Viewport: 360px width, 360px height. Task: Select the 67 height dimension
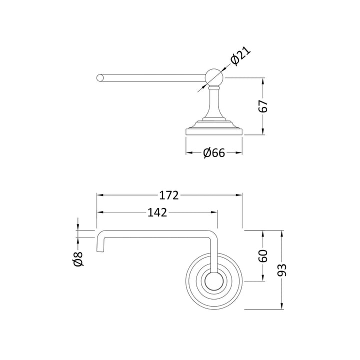263,106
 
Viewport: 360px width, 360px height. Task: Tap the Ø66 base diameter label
214,152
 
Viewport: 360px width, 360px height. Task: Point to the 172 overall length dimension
169,195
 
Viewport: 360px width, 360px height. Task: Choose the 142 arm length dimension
157,212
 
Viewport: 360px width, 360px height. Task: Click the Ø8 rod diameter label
78,259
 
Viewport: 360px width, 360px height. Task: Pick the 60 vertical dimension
263,256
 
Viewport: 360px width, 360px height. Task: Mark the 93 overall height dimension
282,270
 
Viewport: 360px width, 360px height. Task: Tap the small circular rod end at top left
99,78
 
